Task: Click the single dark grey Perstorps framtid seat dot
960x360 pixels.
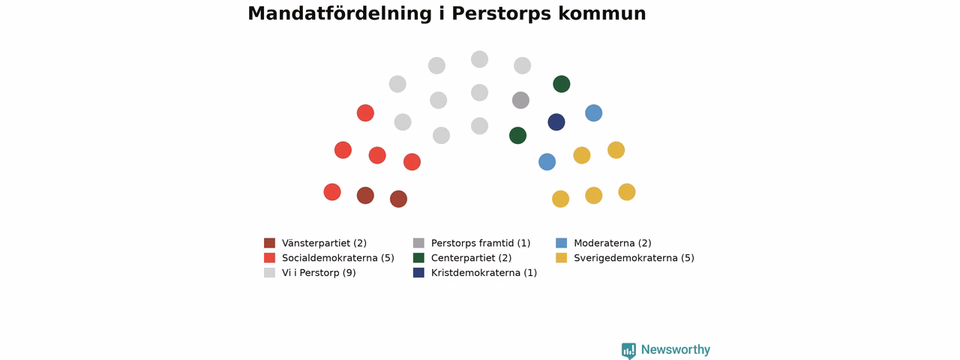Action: [x=520, y=100]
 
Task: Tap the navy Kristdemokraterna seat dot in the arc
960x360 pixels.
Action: [x=556, y=122]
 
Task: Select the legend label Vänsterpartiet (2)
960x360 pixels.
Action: [x=324, y=244]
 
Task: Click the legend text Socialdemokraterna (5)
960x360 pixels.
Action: [x=337, y=258]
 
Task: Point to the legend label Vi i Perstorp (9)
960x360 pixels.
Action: [x=319, y=273]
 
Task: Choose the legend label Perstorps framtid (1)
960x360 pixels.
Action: [x=481, y=244]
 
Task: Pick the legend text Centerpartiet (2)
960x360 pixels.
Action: [x=471, y=258]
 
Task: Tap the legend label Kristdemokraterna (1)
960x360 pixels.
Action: [x=484, y=273]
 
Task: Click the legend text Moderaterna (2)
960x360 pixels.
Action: [x=613, y=244]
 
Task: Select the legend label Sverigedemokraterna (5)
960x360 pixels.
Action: [x=634, y=258]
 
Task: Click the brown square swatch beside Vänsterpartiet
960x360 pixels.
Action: [x=269, y=243]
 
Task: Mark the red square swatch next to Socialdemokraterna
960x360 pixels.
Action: [x=269, y=257]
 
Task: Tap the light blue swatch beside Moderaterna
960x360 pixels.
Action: [x=562, y=243]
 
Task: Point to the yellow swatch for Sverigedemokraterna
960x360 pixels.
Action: [x=562, y=257]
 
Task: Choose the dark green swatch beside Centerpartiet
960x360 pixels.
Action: [x=418, y=257]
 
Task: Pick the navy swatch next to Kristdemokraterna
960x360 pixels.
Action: [x=418, y=272]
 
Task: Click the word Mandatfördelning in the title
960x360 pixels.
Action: [x=340, y=13]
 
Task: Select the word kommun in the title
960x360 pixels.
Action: [x=601, y=13]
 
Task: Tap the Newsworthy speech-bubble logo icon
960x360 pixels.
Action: [x=628, y=350]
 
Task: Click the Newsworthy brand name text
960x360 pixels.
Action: [x=676, y=349]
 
